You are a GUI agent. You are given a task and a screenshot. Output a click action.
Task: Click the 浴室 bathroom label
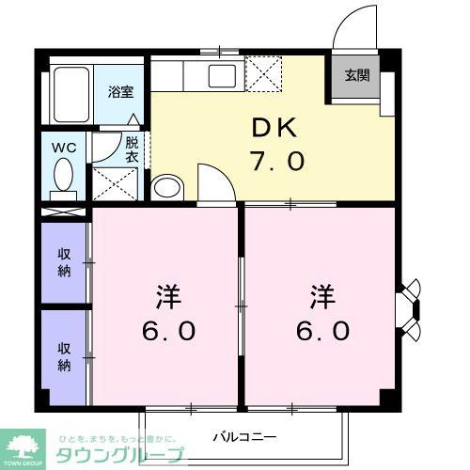click(119, 92)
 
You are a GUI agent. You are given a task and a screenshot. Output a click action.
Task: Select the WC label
click(64, 148)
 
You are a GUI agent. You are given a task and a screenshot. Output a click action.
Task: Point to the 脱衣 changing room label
click(132, 150)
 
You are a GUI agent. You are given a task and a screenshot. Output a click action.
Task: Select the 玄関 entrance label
click(355, 75)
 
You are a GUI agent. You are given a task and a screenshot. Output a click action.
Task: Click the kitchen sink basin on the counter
click(224, 74)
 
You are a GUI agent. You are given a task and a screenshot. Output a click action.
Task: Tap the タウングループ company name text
click(109, 454)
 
